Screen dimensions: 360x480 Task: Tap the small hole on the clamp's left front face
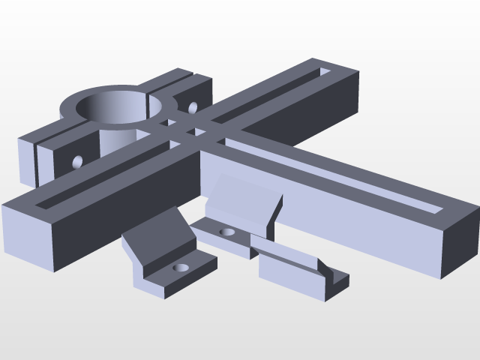(77, 160)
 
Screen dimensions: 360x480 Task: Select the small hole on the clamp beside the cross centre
(192, 107)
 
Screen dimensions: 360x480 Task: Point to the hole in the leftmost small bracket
(180, 267)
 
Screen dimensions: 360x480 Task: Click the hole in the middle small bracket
(227, 232)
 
